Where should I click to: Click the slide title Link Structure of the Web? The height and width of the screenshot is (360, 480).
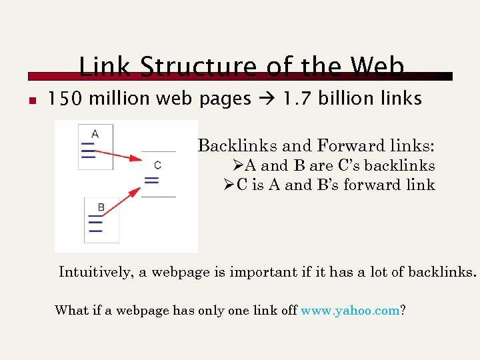click(241, 67)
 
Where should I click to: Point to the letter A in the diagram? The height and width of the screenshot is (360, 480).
click(95, 134)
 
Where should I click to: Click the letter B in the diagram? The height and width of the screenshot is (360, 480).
click(101, 207)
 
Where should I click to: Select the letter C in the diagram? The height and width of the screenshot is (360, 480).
click(157, 165)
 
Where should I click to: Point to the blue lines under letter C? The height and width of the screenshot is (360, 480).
click(152, 179)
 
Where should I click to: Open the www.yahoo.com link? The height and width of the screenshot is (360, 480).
click(349, 310)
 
